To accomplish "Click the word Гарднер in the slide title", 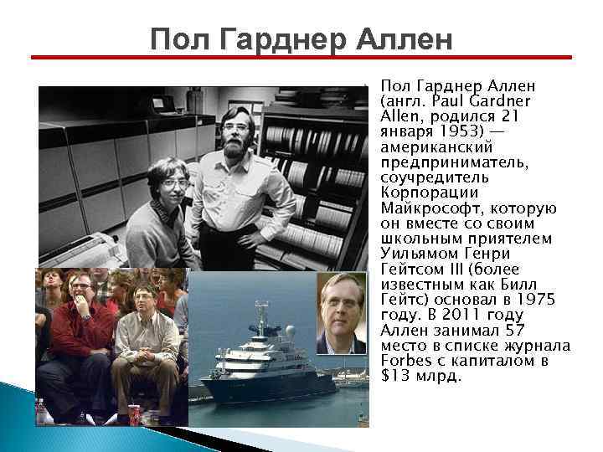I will pyautogui.click(x=279, y=39).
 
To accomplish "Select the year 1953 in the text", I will pyautogui.click(x=442, y=132).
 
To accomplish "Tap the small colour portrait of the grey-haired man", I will pyautogui.click(x=341, y=311).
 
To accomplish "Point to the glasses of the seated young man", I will pyautogui.click(x=173, y=182).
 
